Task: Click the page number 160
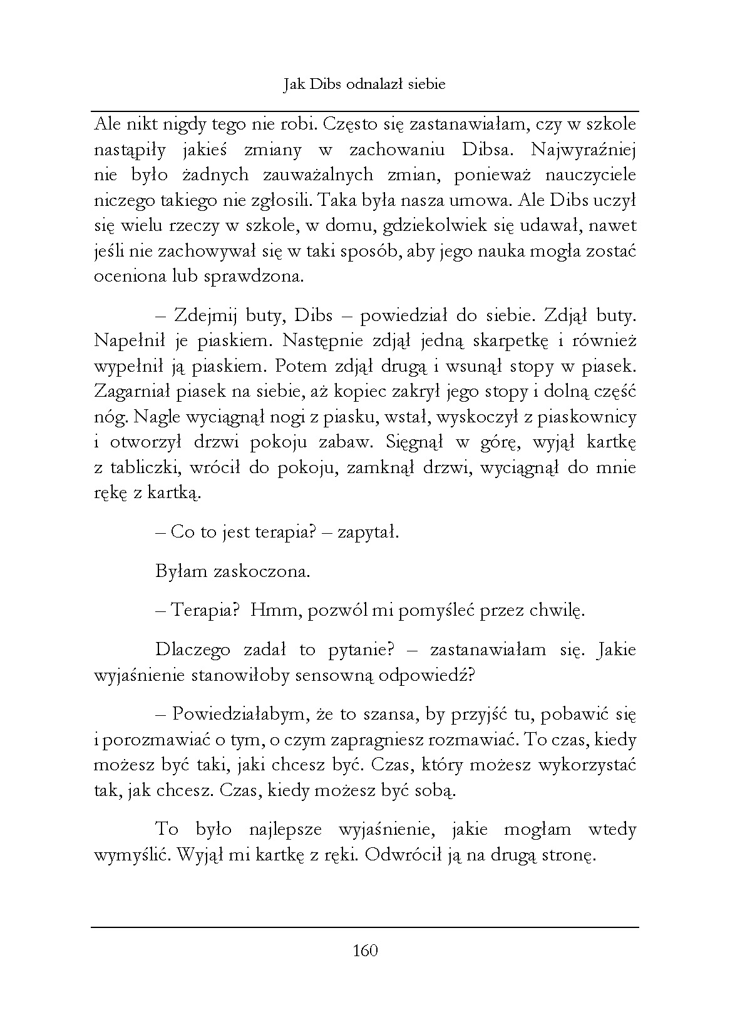click(x=365, y=951)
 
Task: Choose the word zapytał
click(x=368, y=533)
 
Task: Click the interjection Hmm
click(x=269, y=610)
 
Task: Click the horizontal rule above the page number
click(x=365, y=927)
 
